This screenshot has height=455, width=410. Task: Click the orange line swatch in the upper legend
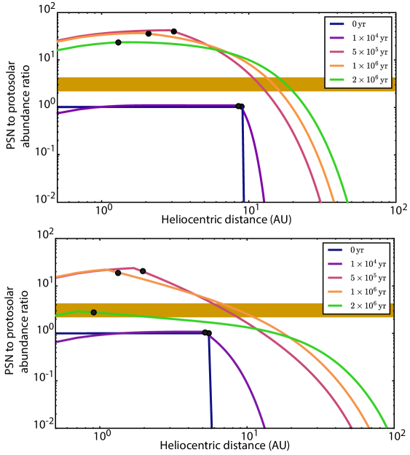coord(337,66)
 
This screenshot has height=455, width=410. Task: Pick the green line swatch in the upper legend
coord(337,79)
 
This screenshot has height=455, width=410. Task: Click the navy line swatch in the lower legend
coord(336,250)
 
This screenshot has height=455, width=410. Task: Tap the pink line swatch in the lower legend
coord(336,278)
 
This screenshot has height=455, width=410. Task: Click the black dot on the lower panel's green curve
coord(93,312)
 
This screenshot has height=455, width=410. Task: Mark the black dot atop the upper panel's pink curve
coord(149,34)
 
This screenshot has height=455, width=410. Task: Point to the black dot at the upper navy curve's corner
coord(238,106)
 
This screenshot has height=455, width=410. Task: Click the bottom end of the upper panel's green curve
coord(347,202)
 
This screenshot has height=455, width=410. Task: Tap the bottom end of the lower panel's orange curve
coord(369,427)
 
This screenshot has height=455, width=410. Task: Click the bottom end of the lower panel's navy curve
coord(212,427)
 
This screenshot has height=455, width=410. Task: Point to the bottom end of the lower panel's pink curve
coord(352,427)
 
